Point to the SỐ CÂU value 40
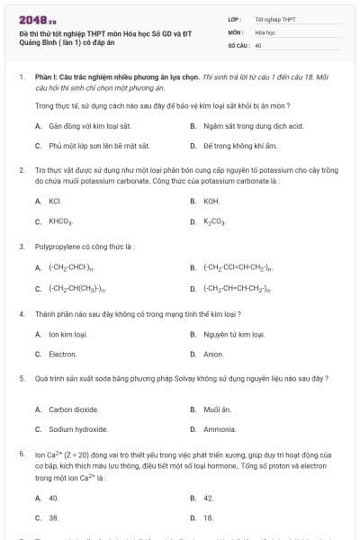[258, 44]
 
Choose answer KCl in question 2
[55, 201]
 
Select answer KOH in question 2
[211, 201]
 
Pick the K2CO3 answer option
[215, 220]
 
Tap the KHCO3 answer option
[60, 220]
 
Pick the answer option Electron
[63, 355]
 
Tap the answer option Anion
[212, 355]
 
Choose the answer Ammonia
[220, 429]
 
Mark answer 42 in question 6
[209, 498]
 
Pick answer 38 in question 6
[53, 517]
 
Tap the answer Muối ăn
[216, 409]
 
